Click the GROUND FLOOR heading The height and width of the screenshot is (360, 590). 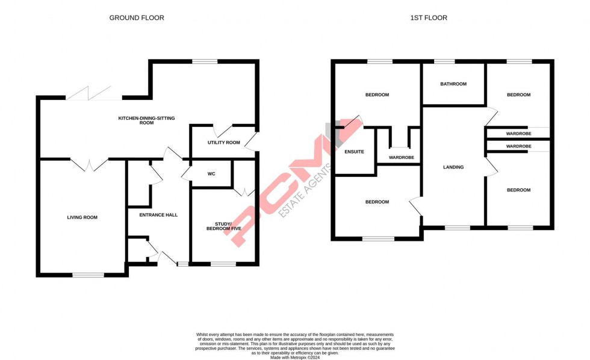(x=137, y=18)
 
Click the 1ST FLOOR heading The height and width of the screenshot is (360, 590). (x=429, y=18)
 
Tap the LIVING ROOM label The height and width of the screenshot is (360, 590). (x=82, y=217)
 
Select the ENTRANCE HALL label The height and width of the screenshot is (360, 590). (x=158, y=215)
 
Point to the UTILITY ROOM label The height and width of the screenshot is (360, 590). (x=224, y=143)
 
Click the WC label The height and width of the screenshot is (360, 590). (x=211, y=174)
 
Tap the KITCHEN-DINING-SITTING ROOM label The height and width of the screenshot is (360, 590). (x=146, y=120)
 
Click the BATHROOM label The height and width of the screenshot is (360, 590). (x=453, y=84)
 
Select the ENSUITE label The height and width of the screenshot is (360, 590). (x=354, y=152)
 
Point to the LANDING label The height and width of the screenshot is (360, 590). (x=453, y=167)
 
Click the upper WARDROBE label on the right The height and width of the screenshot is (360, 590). (x=518, y=134)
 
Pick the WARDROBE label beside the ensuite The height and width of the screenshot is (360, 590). (x=398, y=157)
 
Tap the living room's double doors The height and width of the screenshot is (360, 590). (x=89, y=164)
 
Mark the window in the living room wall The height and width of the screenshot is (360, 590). (x=88, y=275)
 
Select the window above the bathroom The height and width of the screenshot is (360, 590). (x=444, y=61)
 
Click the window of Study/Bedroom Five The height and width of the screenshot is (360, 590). (x=223, y=264)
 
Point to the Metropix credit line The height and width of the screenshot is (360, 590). (x=295, y=357)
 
